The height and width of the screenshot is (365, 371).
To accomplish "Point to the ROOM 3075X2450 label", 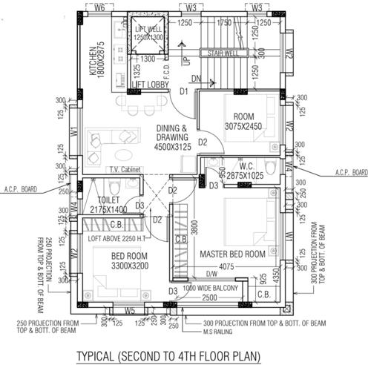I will click(x=243, y=122).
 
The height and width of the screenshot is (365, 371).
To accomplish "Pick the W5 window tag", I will click(x=129, y=311).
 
